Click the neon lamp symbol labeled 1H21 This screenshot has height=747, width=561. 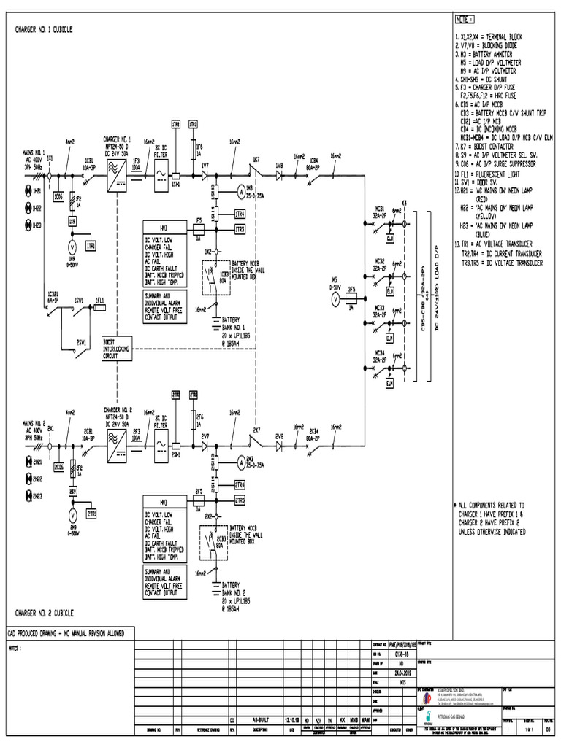pos(29,190)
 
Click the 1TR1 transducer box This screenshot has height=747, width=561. pos(91,247)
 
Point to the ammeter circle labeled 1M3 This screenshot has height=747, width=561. pos(240,192)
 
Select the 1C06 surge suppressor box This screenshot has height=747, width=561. pos(58,196)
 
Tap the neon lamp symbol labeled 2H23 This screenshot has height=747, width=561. pos(29,496)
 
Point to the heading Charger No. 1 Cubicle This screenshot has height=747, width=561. pos(44,30)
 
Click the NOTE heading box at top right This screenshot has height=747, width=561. pos(465,19)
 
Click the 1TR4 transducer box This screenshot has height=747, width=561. pos(240,214)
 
